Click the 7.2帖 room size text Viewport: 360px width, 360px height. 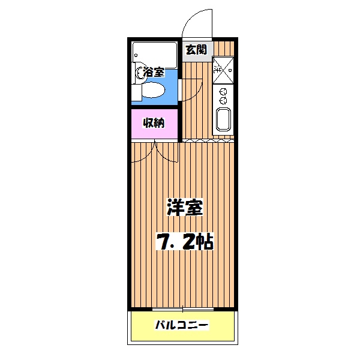tap(185, 241)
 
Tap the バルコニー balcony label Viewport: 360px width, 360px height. tap(181, 326)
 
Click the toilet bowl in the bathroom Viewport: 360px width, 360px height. tap(154, 91)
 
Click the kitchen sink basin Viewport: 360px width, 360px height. tap(223, 121)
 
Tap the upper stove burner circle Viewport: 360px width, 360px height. tap(223, 92)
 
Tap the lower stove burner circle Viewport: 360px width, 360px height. tap(223, 100)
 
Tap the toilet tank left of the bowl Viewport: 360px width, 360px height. tap(137, 92)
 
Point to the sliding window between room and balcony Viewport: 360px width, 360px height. tap(183, 309)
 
